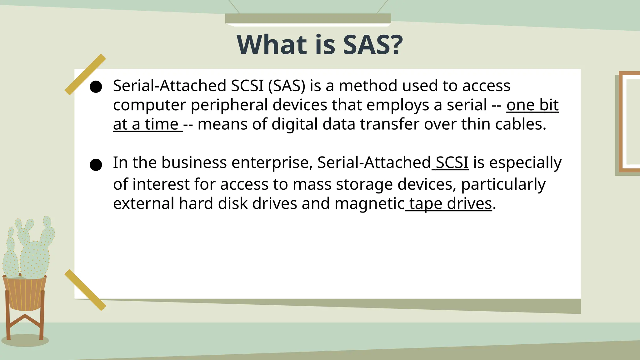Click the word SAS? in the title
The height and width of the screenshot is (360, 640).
(373, 45)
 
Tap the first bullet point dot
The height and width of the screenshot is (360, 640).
(96, 87)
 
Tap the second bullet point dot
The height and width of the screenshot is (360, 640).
(96, 165)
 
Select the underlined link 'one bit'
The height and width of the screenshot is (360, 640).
(532, 105)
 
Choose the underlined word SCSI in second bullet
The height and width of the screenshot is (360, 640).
(452, 163)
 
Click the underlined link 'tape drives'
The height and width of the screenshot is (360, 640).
(450, 204)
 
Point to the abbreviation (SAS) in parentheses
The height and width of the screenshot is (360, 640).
(287, 86)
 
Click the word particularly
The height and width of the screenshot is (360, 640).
(503, 185)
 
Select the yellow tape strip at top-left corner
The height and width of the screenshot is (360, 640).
(85, 74)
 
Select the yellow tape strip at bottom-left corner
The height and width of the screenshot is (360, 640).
(85, 290)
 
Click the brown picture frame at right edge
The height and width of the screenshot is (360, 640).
(628, 122)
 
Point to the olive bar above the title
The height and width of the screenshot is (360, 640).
(308, 18)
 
